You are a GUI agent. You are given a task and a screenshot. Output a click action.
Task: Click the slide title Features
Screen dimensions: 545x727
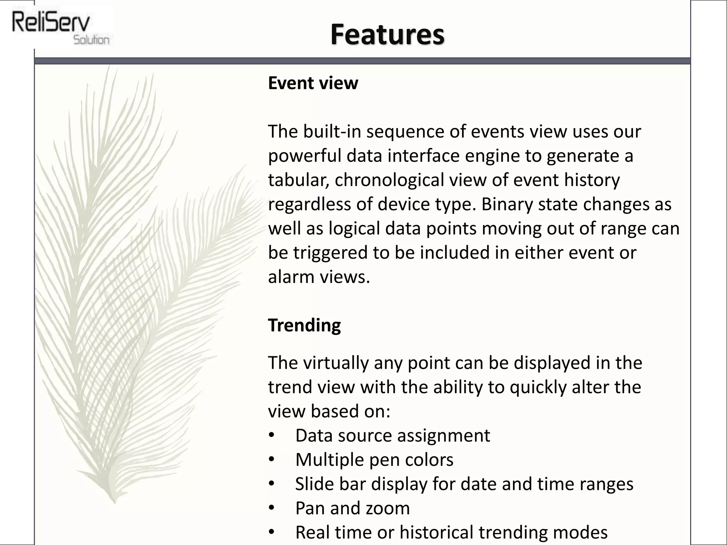(387, 34)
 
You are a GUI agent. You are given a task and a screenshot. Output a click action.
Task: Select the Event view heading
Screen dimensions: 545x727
(313, 83)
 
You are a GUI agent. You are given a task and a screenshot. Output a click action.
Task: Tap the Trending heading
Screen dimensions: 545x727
(304, 325)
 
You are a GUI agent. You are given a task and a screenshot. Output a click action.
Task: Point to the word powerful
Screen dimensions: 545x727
(304, 156)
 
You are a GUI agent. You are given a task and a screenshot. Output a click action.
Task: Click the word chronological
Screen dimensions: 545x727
(389, 180)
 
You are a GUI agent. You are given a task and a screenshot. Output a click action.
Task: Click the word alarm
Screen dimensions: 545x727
(290, 277)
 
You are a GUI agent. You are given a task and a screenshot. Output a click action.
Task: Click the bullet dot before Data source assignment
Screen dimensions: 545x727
(272, 435)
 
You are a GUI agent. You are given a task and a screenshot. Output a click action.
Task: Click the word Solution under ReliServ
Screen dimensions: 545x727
(91, 40)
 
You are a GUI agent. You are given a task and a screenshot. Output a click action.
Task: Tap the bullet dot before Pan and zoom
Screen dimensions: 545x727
(272, 508)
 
